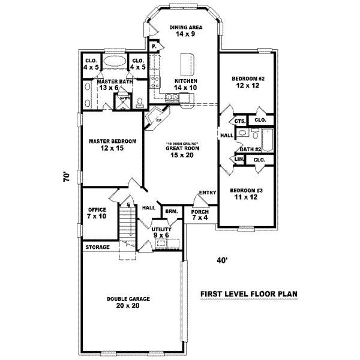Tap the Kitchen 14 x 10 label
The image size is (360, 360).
click(185, 85)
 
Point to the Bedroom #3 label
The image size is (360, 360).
click(247, 193)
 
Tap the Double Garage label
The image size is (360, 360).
click(128, 302)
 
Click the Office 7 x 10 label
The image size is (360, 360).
click(97, 213)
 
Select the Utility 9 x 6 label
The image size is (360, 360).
click(162, 232)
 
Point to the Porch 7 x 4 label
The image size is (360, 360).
click(200, 215)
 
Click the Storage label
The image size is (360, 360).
click(97, 247)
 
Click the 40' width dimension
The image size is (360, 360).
click(223, 260)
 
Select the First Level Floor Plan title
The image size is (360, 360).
click(249, 294)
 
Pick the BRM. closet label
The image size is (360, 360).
click(170, 212)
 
